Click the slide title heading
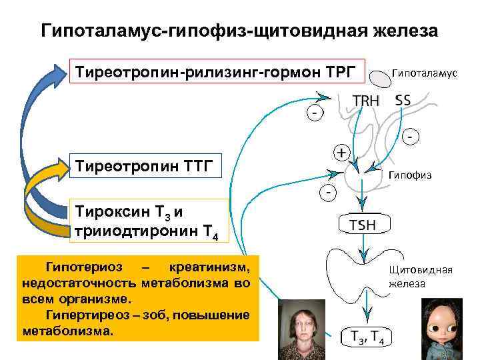240,31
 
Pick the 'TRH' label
366,101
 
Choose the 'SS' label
403,101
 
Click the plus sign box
342,153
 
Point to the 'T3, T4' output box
363,337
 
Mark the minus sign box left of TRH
312,113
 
